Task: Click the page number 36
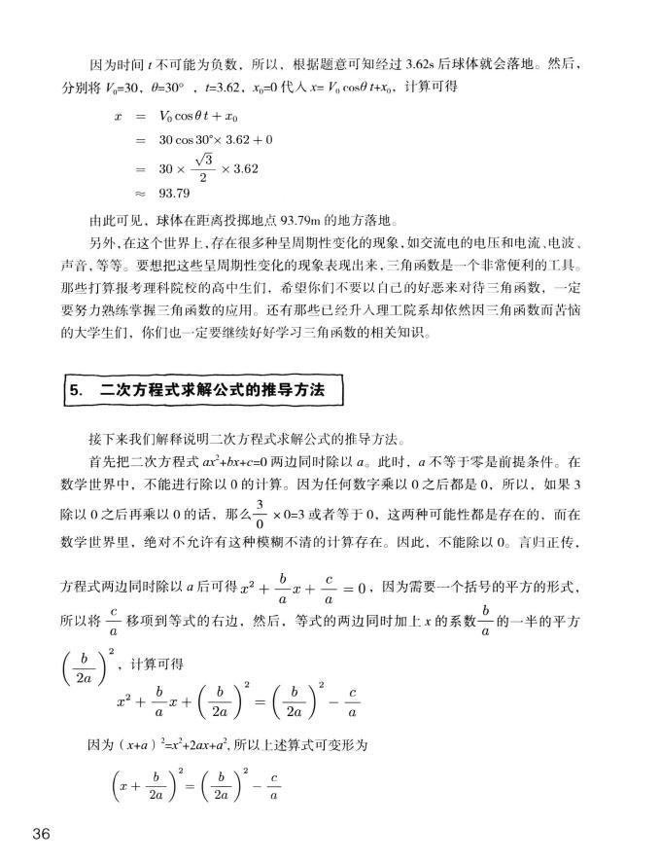(41, 834)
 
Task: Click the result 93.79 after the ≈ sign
(175, 193)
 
